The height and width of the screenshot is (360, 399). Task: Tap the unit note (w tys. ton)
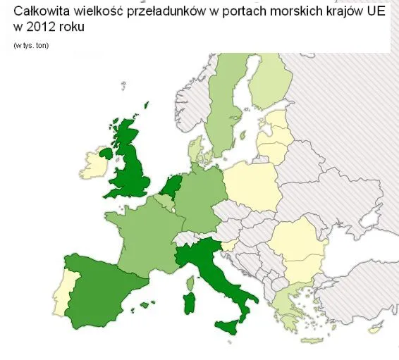(x=31, y=46)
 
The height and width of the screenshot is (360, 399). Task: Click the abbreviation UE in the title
(x=376, y=13)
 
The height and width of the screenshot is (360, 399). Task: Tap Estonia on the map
(x=276, y=117)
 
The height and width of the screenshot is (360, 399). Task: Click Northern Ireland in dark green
(x=106, y=152)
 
